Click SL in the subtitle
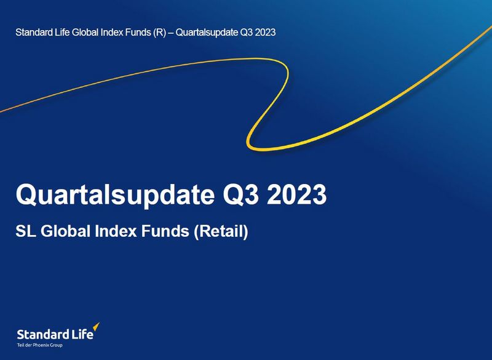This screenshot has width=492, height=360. point(24,232)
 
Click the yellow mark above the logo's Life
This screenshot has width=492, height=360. point(96,327)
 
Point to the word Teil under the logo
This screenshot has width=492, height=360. point(20,345)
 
